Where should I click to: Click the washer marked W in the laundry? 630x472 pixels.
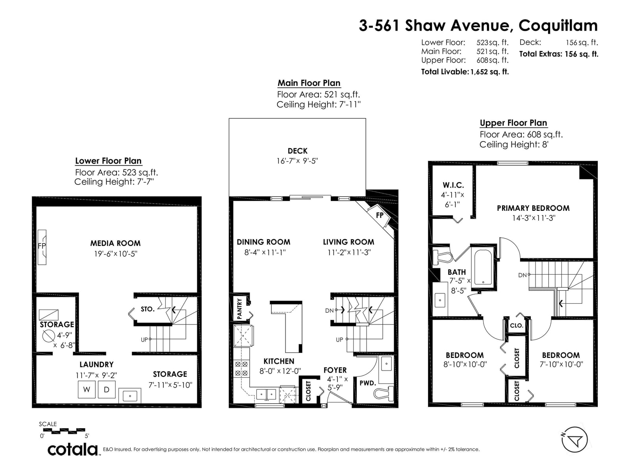[x=86, y=389]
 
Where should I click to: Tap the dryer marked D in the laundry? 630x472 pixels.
[x=106, y=389]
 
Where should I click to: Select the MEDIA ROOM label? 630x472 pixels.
[x=115, y=243]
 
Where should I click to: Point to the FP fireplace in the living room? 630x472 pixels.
[x=379, y=216]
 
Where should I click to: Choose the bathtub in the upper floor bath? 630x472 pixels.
[x=483, y=267]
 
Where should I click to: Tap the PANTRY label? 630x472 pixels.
[x=240, y=309]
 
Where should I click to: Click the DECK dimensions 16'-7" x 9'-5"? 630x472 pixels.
[x=297, y=161]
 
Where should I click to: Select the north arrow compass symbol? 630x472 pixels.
[x=574, y=440]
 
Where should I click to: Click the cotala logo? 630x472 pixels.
[x=73, y=450]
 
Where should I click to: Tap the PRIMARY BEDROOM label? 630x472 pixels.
[x=533, y=208]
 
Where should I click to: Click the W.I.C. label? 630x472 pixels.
[x=453, y=185]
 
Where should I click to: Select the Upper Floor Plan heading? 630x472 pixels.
[x=513, y=123]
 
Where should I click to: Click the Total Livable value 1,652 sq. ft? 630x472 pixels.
[x=489, y=72]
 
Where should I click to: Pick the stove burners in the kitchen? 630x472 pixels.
[x=241, y=369]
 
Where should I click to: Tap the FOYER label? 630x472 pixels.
[x=335, y=370]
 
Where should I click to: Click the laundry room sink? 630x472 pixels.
[x=130, y=396]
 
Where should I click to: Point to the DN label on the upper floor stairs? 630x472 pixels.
[x=522, y=275]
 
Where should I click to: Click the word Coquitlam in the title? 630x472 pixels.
[x=558, y=26]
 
